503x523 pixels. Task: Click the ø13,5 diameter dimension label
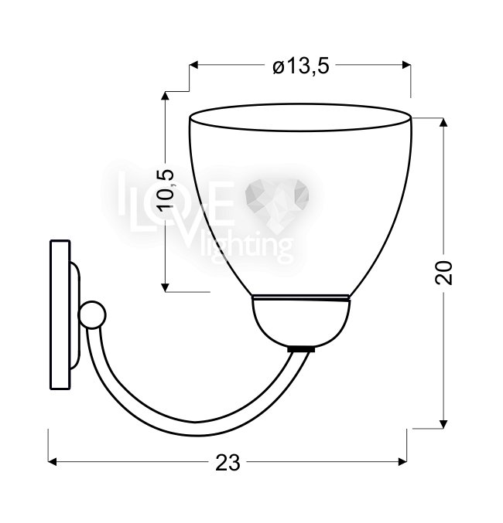point(301,66)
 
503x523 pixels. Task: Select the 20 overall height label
point(444,273)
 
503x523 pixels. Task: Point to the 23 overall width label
point(228,462)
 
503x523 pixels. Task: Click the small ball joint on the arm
point(92,314)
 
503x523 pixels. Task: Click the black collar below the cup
point(301,349)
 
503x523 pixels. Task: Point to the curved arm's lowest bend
point(197,429)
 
